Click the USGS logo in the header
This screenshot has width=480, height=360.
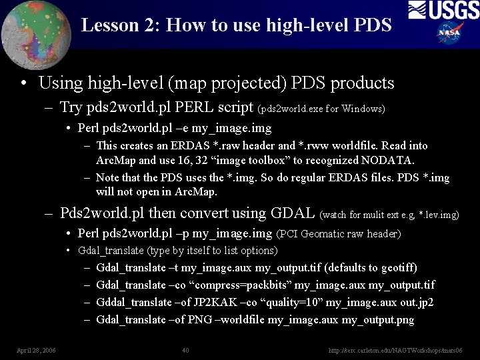(x=443, y=11)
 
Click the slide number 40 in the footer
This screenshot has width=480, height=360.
(x=186, y=350)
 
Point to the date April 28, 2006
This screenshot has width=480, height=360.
(x=36, y=350)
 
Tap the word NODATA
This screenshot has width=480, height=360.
(x=387, y=161)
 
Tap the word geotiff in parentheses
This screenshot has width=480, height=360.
(x=397, y=268)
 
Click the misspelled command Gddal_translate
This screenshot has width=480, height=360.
(x=131, y=303)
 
